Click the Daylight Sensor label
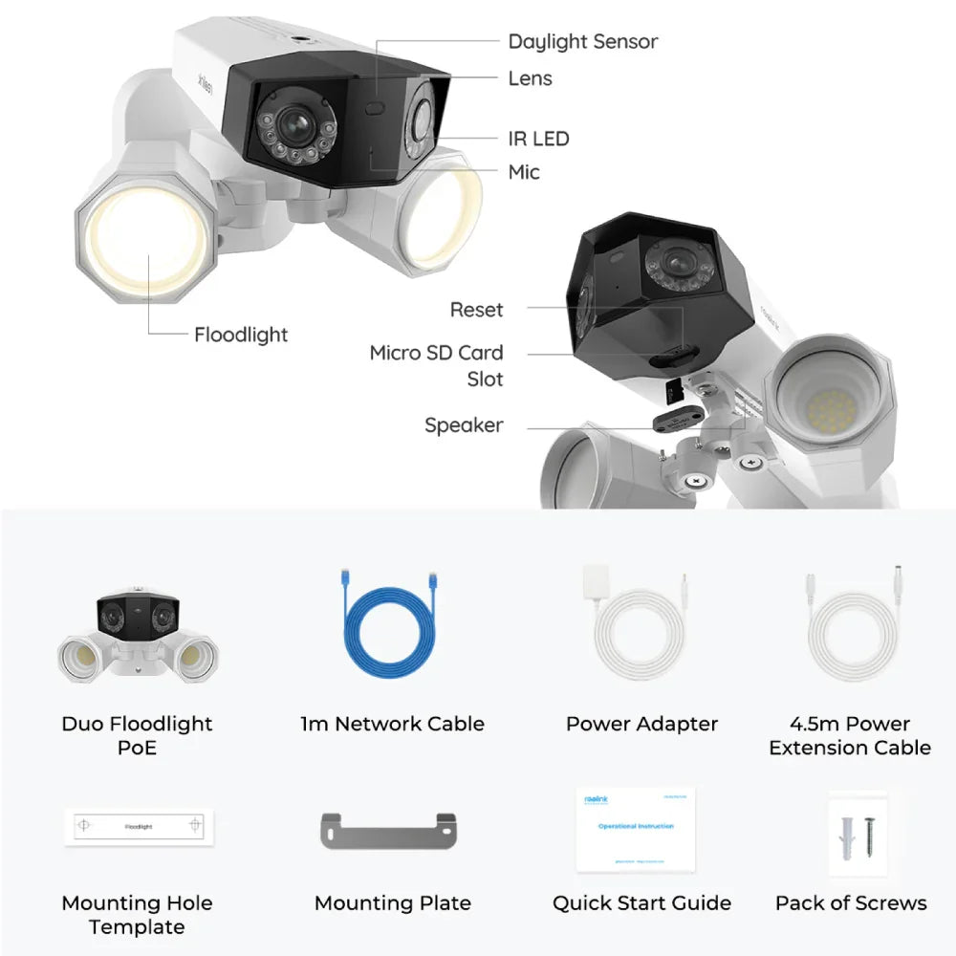[x=582, y=42]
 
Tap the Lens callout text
[x=530, y=78]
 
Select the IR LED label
[x=538, y=139]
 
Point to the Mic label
[x=524, y=172]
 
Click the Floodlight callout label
[x=241, y=335]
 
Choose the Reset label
[x=476, y=310]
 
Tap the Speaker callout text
[x=464, y=424]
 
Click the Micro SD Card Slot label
[x=437, y=365]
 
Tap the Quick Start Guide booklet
[x=635, y=829]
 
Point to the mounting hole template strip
[x=139, y=826]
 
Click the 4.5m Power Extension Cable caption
[x=850, y=735]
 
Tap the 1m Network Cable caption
[x=392, y=724]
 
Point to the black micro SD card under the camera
[x=672, y=389]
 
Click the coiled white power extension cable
[x=852, y=636]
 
